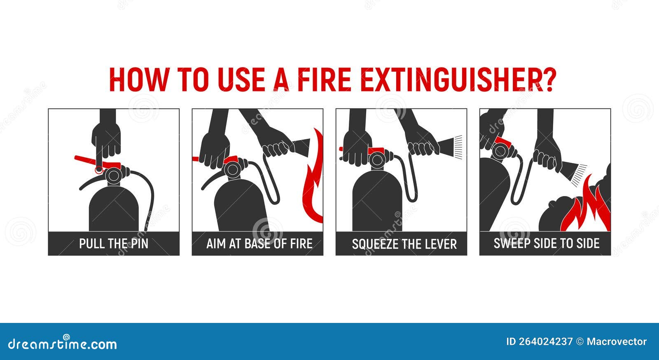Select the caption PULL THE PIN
[114, 243]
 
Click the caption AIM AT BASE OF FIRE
[259, 243]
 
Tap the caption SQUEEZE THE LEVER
[404, 244]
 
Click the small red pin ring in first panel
[98, 170]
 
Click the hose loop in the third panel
[412, 181]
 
